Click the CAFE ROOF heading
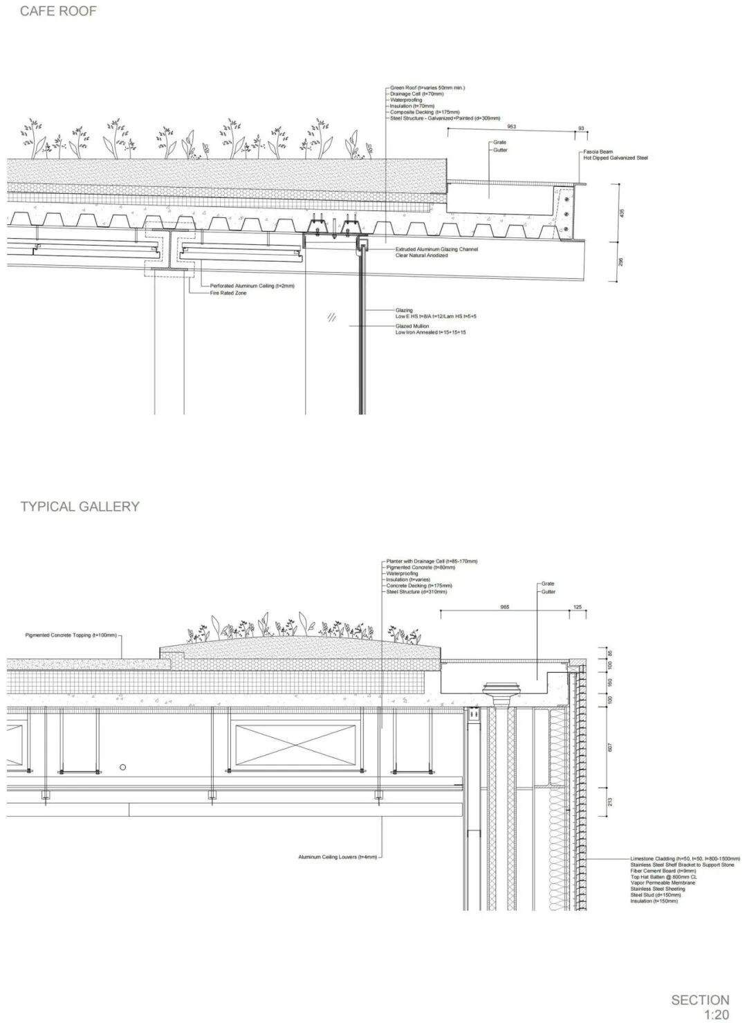point(58,11)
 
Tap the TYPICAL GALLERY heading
point(80,506)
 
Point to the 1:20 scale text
point(717,1015)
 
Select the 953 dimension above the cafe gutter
point(511,127)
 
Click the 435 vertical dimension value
point(621,214)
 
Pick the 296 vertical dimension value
point(621,262)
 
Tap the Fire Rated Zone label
point(228,293)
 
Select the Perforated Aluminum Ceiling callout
point(252,286)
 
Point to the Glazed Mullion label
point(412,326)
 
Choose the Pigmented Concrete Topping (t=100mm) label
point(71,635)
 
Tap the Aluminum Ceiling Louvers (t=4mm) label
point(338,857)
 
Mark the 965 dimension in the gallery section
point(504,607)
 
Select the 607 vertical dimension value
point(610,748)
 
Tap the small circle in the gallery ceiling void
point(122,767)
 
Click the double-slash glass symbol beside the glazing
point(332,318)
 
